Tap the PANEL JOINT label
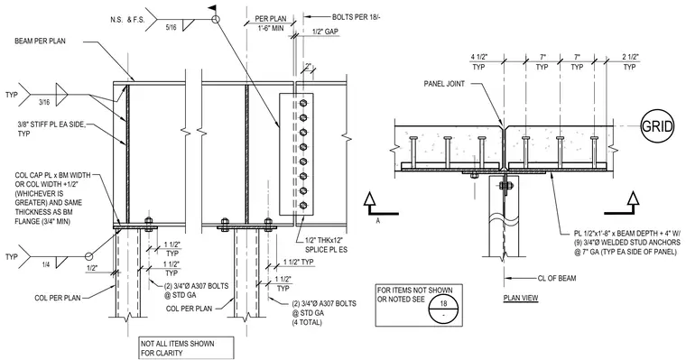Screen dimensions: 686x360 click(444, 84)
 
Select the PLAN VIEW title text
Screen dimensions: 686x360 click(521, 299)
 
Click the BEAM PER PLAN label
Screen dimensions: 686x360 click(41, 42)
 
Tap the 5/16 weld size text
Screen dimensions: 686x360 click(171, 28)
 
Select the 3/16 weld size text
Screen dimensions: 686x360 click(45, 101)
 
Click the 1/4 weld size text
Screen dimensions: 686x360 click(46, 264)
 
